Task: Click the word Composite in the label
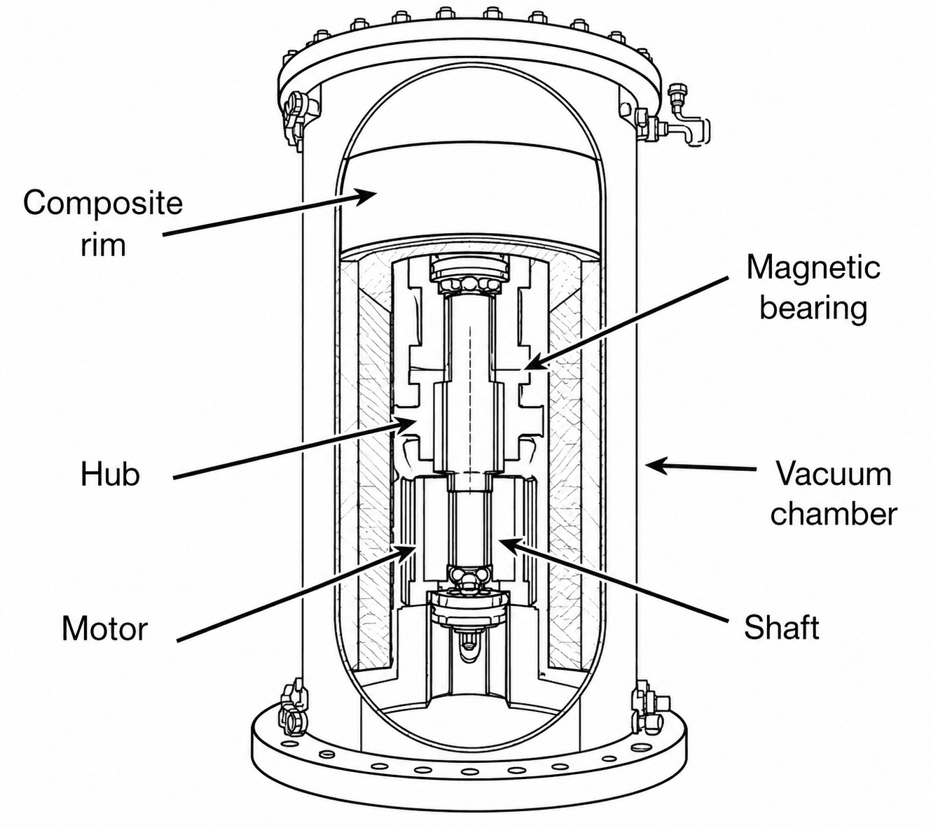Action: pos(103,204)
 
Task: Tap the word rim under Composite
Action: pos(103,245)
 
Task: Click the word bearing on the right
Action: pos(813,309)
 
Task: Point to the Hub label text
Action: pos(110,475)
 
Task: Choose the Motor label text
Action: pos(105,629)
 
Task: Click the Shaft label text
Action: pos(782,627)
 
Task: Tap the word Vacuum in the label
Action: pos(834,473)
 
